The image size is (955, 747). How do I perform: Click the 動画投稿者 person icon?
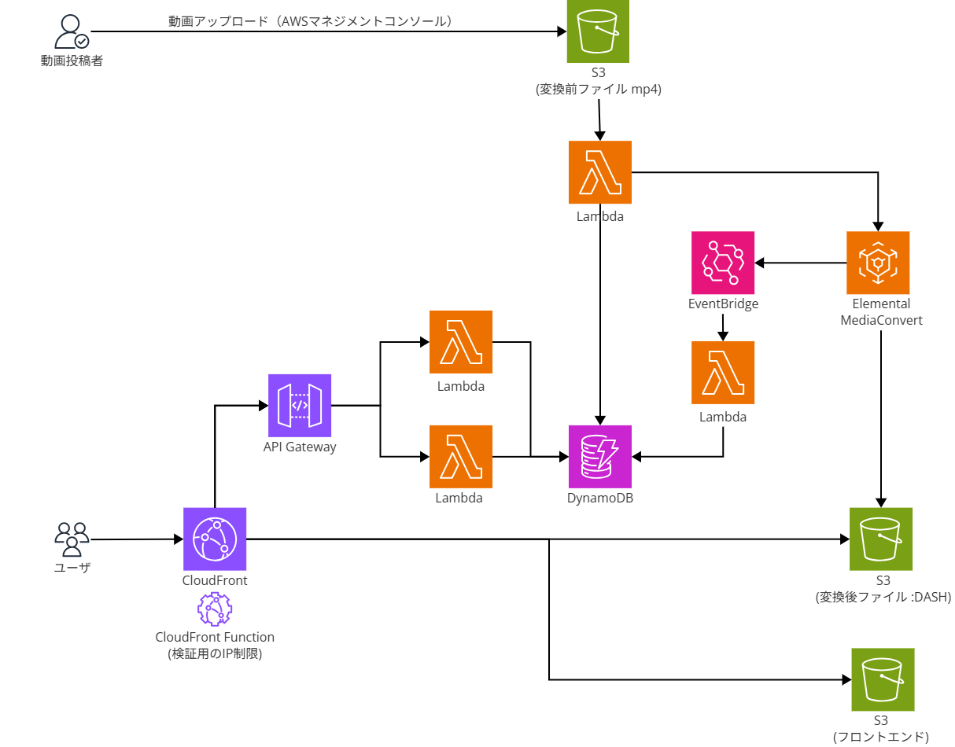click(71, 32)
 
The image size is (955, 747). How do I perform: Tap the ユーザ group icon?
click(72, 539)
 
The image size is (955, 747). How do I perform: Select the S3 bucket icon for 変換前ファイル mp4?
click(599, 31)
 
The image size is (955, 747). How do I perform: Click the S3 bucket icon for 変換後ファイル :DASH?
click(881, 539)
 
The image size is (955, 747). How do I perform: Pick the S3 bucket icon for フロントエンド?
click(883, 679)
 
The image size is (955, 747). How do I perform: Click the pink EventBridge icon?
click(723, 262)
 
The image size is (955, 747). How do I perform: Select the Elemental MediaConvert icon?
click(878, 262)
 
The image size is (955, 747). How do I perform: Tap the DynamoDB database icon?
click(600, 456)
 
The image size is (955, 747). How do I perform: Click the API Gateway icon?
click(300, 405)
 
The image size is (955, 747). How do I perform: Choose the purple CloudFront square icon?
click(215, 539)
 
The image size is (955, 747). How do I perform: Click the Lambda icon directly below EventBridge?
click(723, 373)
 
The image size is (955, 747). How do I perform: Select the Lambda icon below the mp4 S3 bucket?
click(600, 172)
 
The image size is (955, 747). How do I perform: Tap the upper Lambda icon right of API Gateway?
click(461, 342)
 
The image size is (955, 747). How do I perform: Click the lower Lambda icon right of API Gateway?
click(461, 456)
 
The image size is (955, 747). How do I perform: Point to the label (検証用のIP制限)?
click(215, 653)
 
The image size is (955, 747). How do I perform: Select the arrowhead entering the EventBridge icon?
click(760, 262)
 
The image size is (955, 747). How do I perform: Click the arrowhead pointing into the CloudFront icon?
click(178, 539)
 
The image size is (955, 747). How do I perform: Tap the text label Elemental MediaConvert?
click(881, 312)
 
